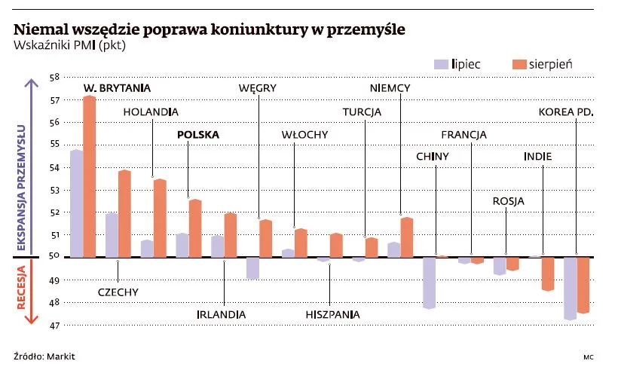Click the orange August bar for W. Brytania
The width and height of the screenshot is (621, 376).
(x=89, y=177)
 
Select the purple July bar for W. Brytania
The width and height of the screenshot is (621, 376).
(x=76, y=203)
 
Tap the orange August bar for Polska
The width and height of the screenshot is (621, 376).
(x=195, y=228)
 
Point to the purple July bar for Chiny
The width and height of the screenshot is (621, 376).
(x=429, y=283)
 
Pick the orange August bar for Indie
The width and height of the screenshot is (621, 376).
(x=548, y=274)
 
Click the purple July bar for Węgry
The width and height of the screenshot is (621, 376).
(x=253, y=267)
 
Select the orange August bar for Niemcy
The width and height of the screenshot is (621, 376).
(x=407, y=237)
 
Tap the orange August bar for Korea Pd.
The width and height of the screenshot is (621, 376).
(x=583, y=285)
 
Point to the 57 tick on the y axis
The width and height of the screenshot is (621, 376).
(x=54, y=100)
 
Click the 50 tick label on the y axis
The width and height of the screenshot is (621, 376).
(x=54, y=257)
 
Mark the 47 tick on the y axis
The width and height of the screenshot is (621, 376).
(x=54, y=326)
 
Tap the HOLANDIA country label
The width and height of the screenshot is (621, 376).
(x=151, y=112)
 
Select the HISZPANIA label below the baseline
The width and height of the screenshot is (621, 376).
(x=332, y=313)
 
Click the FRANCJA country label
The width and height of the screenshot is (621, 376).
(x=463, y=134)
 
